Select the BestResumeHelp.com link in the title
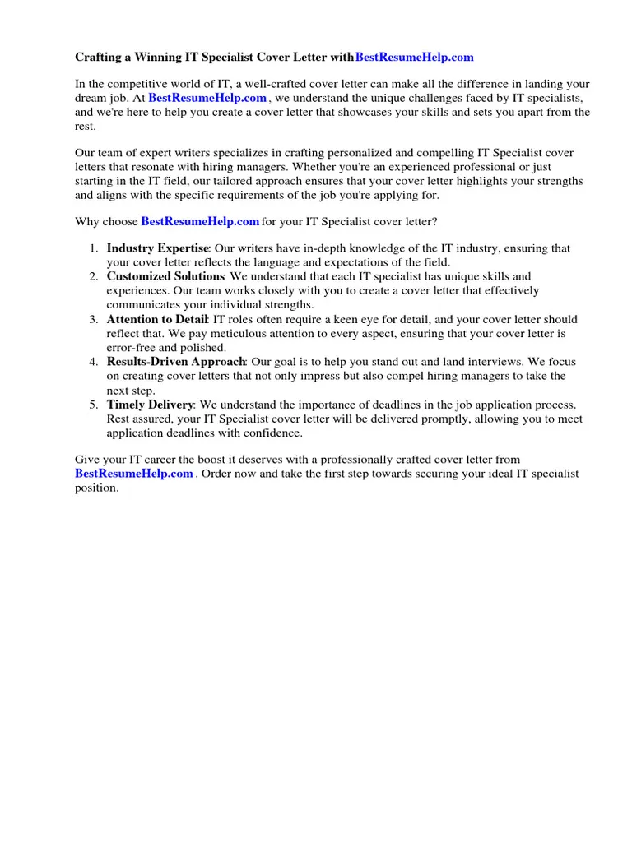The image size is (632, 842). click(414, 58)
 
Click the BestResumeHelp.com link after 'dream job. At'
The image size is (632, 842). click(207, 98)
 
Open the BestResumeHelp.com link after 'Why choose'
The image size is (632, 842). click(200, 222)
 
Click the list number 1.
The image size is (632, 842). click(93, 248)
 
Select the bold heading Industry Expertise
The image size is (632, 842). click(157, 248)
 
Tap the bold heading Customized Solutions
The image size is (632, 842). click(165, 277)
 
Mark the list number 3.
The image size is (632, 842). click(93, 319)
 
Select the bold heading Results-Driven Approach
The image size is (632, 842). click(176, 362)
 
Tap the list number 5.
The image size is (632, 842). click(93, 405)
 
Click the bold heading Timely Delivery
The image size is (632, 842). click(150, 405)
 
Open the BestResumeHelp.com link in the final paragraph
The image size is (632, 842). click(134, 474)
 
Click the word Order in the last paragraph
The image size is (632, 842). click(219, 474)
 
